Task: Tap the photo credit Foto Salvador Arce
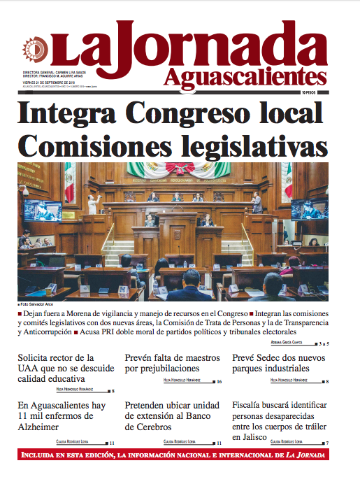(36, 306)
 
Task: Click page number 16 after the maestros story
(219, 382)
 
